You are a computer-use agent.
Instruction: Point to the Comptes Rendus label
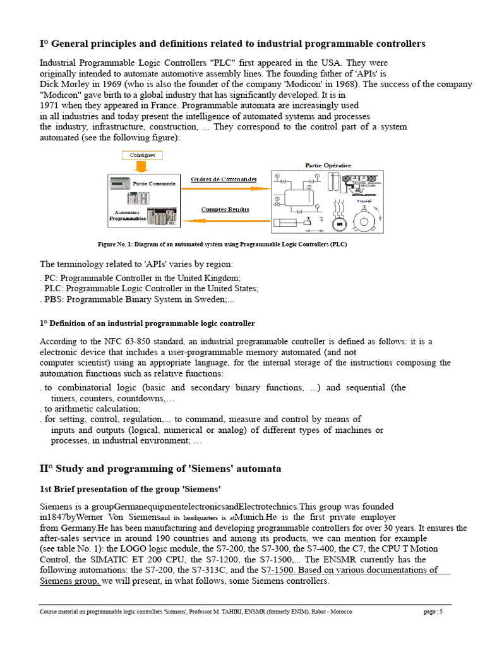[225, 209]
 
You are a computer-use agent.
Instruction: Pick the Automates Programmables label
[127, 215]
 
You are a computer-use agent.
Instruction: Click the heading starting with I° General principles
[232, 44]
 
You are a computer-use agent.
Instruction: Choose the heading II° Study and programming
[160, 469]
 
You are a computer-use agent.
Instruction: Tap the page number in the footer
[433, 612]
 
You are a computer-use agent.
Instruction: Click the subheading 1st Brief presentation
[130, 490]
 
